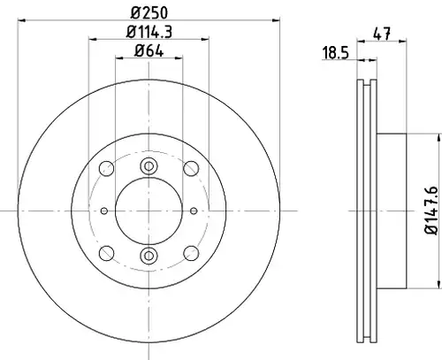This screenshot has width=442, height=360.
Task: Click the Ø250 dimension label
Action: click(149, 12)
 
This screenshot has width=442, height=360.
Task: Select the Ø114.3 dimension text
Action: click(149, 32)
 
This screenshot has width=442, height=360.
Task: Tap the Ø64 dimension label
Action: click(149, 51)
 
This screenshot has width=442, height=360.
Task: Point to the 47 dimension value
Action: click(382, 34)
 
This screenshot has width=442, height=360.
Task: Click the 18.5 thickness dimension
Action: click(335, 53)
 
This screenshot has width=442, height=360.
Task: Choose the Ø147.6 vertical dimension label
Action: click(431, 211)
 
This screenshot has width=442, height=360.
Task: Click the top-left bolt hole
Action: click(106, 169)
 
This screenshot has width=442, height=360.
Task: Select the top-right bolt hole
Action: click(191, 169)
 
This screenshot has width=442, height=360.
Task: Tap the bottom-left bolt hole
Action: click(106, 253)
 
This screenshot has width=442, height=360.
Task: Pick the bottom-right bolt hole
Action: click(191, 253)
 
